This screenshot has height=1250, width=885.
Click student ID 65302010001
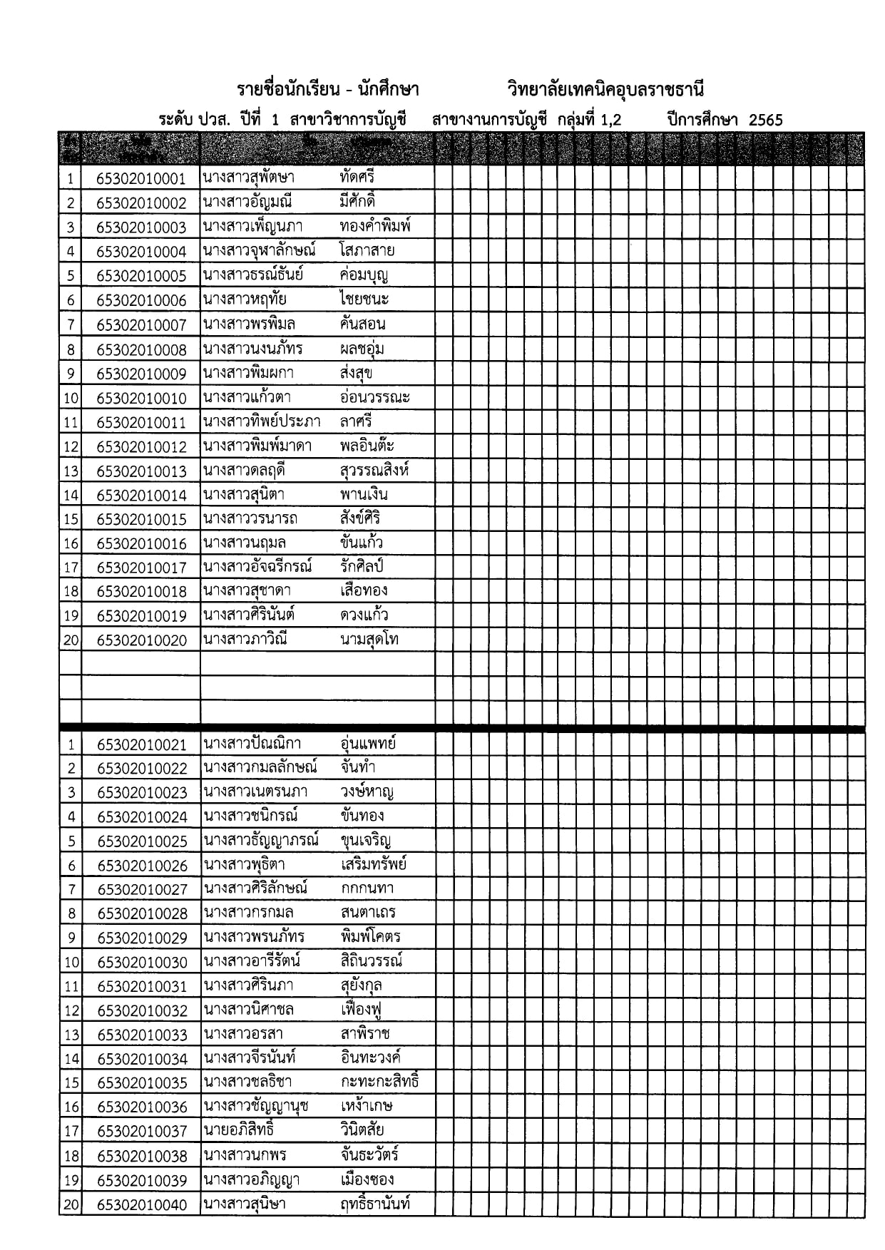pos(141,179)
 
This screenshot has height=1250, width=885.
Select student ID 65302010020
pos(141,640)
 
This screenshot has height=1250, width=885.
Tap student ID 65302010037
pos(141,1132)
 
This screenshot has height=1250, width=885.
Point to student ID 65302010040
pos(141,1205)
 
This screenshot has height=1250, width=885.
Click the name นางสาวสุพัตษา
pos(248,178)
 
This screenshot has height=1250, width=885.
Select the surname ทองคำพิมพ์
pos(376,227)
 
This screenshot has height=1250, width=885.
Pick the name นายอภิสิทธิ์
pos(239,1130)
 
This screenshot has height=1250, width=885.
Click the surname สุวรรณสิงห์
pos(374,471)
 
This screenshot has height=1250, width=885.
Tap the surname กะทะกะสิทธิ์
pos(379,1082)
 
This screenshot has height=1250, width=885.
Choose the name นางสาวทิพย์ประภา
pos(262,421)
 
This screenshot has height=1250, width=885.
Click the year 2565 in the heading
pos(765,120)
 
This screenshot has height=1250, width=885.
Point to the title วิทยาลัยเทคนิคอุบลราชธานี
pos(605,91)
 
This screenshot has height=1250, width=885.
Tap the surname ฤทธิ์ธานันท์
pos(375,1204)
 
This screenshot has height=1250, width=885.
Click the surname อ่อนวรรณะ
pos(375,397)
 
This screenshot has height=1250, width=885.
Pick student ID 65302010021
pos(141,745)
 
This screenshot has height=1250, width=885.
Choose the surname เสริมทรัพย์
pos(374,865)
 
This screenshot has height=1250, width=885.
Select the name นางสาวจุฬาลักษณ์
pos(260,251)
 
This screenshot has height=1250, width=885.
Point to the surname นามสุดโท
pos(369,640)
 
